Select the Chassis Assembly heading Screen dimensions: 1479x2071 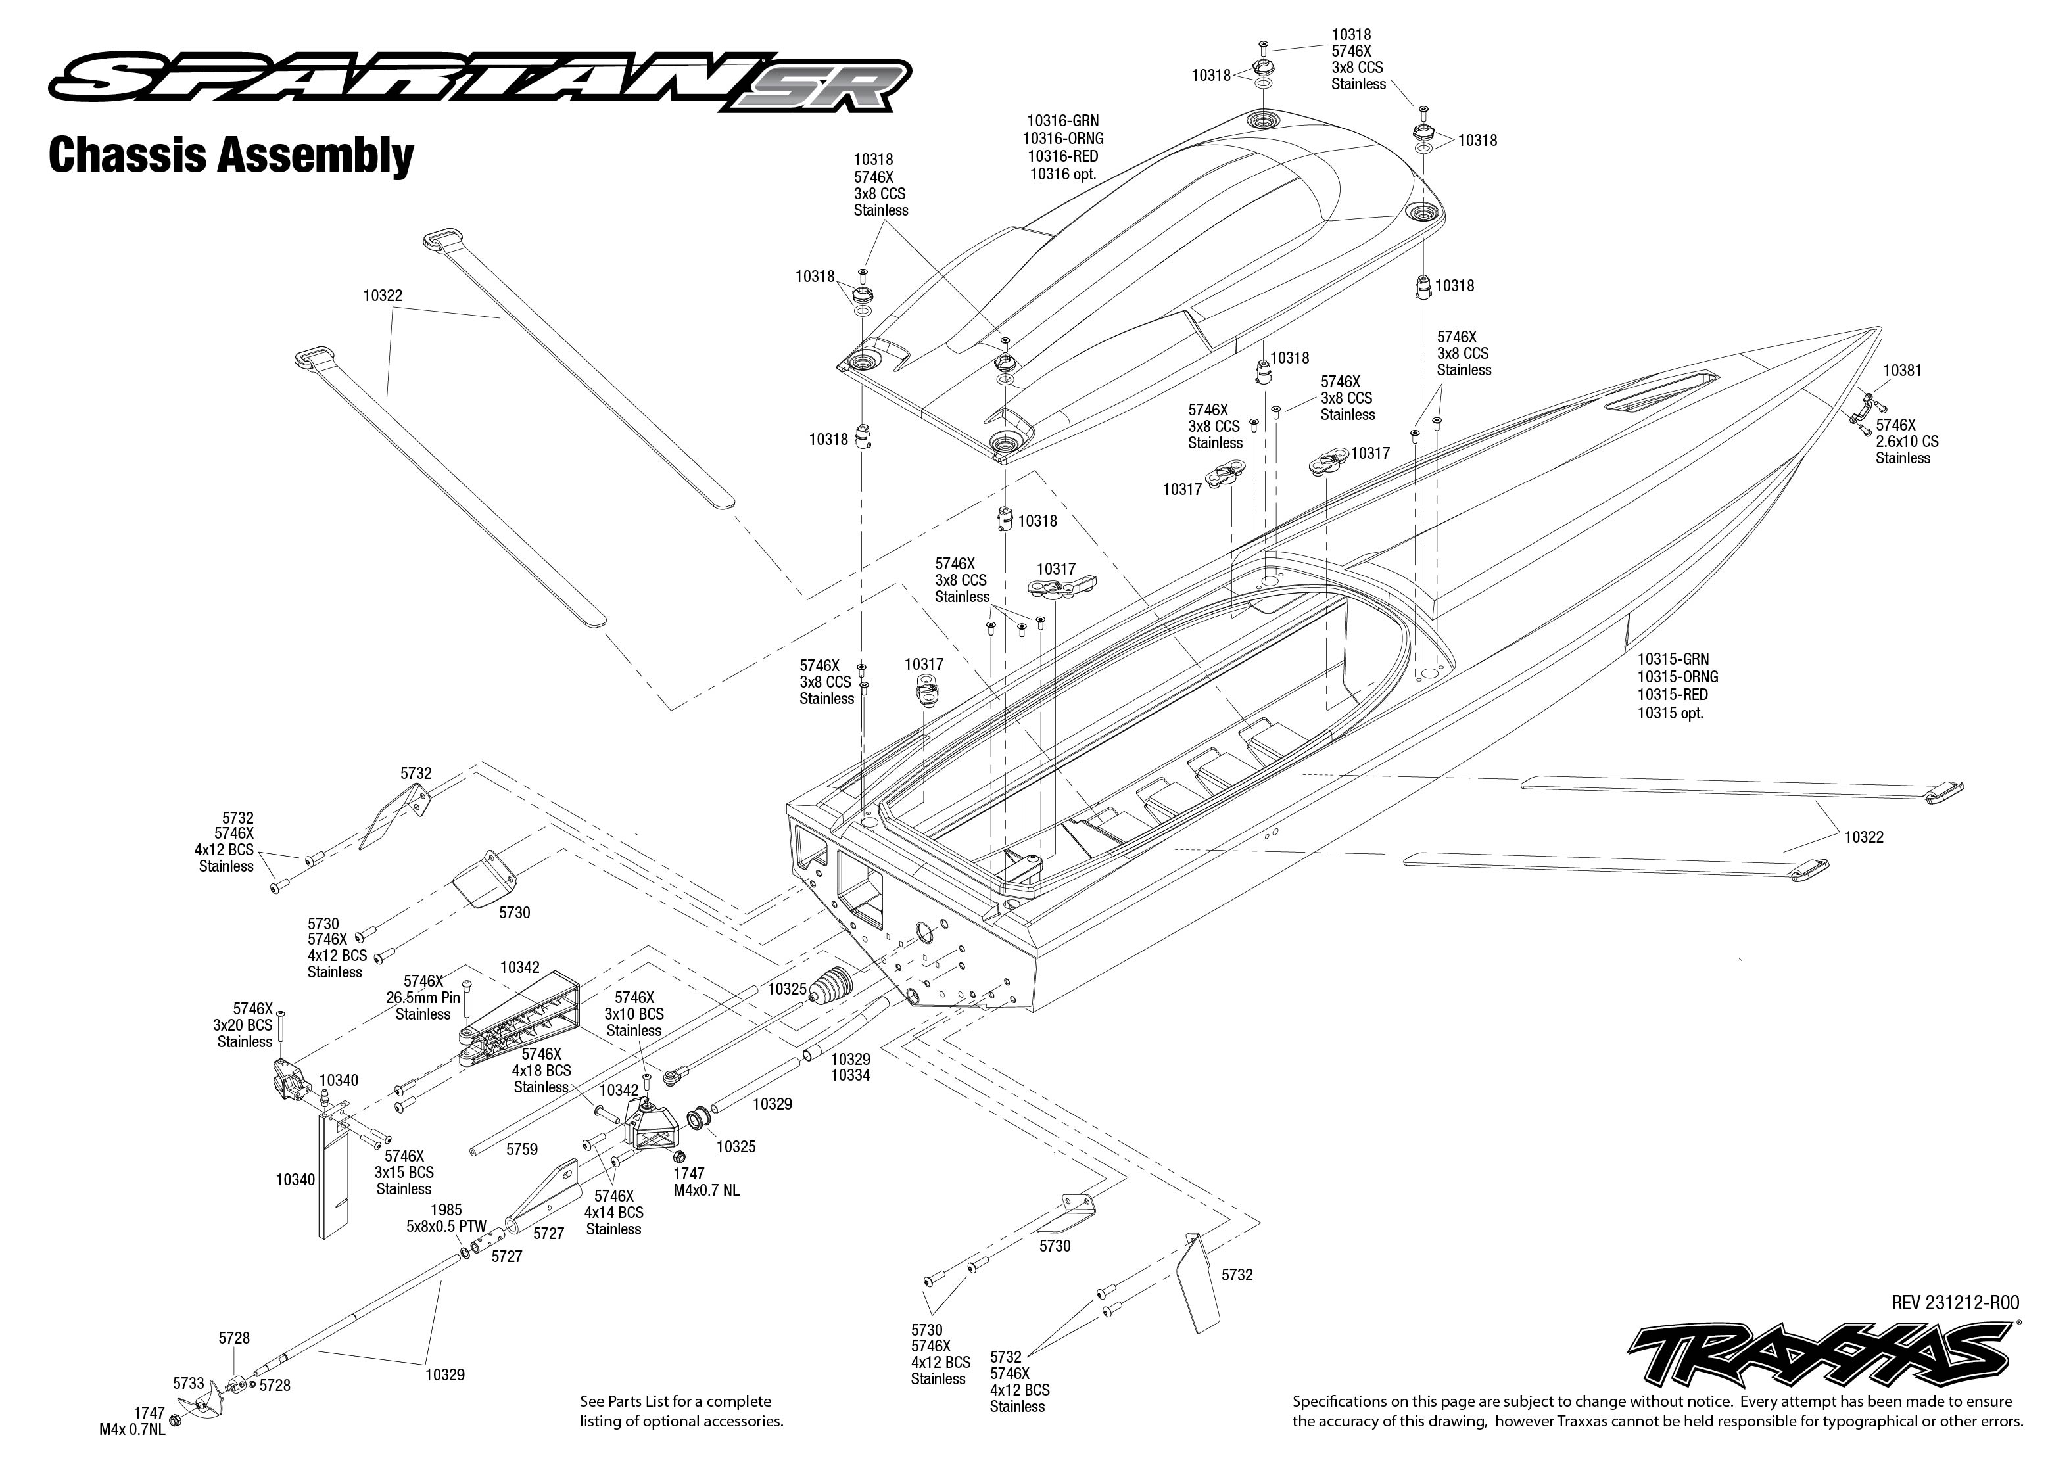point(230,156)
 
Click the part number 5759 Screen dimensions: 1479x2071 point(522,1149)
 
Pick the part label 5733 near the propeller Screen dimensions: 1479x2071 point(189,1384)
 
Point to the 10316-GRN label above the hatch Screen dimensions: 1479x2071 point(1063,120)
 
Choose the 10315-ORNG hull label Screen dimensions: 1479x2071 point(1678,676)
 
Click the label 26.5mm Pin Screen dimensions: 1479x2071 point(423,997)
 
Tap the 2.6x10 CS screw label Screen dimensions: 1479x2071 point(1906,442)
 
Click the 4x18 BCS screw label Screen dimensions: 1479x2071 point(541,1071)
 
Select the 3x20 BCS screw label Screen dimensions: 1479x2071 point(244,1025)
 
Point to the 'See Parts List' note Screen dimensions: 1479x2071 point(681,1411)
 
